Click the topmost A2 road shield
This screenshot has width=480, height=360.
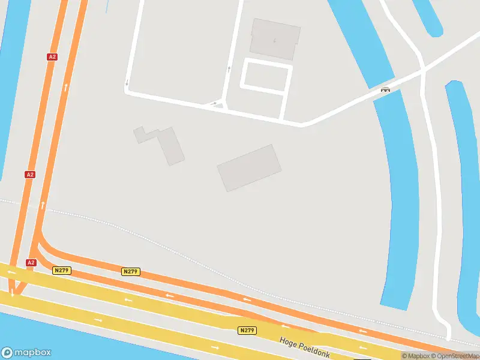tap(52, 56)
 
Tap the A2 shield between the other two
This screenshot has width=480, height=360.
tap(30, 175)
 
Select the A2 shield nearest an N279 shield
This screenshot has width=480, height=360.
tap(31, 263)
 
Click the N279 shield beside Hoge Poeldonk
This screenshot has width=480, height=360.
tap(247, 331)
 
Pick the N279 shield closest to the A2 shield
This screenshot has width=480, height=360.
tap(62, 271)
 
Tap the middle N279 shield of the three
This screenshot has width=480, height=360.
tap(130, 272)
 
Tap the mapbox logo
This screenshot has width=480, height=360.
tap(26, 353)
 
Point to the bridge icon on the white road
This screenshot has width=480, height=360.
tap(386, 90)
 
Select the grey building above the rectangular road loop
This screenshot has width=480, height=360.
tap(275, 38)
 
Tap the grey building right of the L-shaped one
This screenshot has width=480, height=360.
tap(249, 167)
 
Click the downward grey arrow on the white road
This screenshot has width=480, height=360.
tap(127, 82)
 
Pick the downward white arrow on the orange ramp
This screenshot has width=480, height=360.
tap(11, 293)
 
